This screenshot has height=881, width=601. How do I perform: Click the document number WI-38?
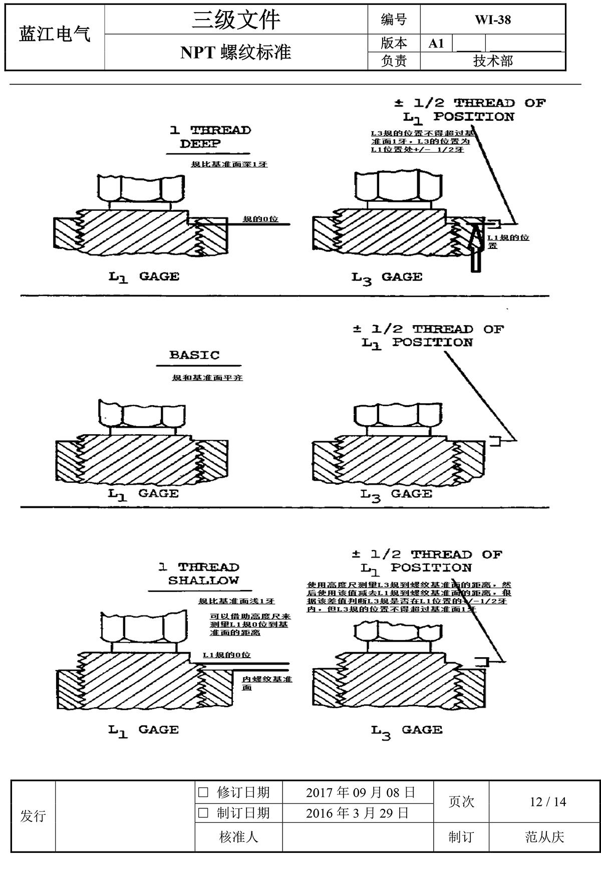[493, 20]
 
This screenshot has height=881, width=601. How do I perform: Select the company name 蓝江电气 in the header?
[55, 34]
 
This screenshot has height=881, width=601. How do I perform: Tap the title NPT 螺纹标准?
[235, 52]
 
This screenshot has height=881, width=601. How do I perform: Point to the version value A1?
[436, 43]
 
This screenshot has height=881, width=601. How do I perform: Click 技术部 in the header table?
[493, 61]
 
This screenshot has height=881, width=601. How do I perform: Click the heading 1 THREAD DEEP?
[210, 137]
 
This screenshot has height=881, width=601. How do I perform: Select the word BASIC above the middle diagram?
[194, 355]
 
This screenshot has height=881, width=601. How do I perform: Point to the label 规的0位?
[260, 219]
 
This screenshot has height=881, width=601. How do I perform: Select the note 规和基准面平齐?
[207, 378]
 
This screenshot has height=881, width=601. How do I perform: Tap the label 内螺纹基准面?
[266, 683]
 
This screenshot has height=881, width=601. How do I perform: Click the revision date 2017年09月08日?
[360, 792]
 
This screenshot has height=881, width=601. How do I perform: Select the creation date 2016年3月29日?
[357, 812]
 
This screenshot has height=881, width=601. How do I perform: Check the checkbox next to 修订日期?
[203, 792]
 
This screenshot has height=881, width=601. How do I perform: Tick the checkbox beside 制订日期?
[203, 812]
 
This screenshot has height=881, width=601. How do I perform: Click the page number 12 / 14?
[548, 802]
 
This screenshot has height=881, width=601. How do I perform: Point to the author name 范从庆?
[544, 836]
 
